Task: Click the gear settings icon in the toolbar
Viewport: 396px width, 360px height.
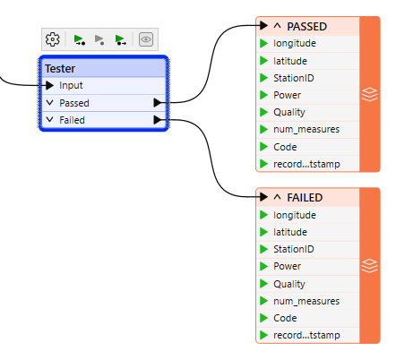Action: [x=53, y=39]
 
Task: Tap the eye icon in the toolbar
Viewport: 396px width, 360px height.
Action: [x=145, y=39]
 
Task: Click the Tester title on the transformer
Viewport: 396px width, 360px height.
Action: [x=60, y=69]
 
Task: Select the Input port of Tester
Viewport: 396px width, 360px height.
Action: [x=72, y=86]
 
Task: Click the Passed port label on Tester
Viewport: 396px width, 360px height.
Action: [x=74, y=103]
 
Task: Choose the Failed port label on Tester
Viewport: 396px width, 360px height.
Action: [x=73, y=120]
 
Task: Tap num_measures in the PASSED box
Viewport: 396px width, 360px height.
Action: [x=306, y=130]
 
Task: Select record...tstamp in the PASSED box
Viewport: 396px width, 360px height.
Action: [x=306, y=164]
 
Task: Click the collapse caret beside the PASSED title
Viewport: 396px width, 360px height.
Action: [x=277, y=26]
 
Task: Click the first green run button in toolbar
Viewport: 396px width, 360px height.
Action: [x=80, y=39]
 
